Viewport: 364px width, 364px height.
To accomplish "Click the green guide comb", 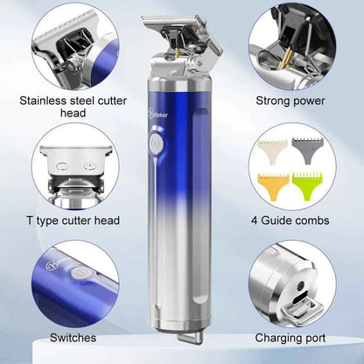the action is tap(308, 185).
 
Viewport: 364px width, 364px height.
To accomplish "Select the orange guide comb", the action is tap(274, 186).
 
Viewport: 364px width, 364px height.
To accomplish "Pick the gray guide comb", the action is tap(307, 149).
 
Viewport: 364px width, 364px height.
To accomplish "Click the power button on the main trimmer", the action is tap(156, 143).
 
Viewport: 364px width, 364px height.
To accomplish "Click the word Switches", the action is tap(73, 338).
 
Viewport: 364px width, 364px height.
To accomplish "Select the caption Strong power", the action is tap(290, 101).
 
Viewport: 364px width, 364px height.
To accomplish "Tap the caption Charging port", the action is tap(290, 339).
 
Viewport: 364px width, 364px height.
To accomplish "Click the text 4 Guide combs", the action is tap(290, 220).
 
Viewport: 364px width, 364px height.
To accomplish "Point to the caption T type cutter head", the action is tap(73, 220).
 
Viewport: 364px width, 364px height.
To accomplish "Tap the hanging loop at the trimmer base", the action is tap(190, 337).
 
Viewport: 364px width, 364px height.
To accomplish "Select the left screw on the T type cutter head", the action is tap(62, 165).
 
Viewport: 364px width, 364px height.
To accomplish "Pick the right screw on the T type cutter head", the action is tap(89, 166).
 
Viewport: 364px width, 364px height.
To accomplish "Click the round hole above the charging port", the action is tap(300, 285).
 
